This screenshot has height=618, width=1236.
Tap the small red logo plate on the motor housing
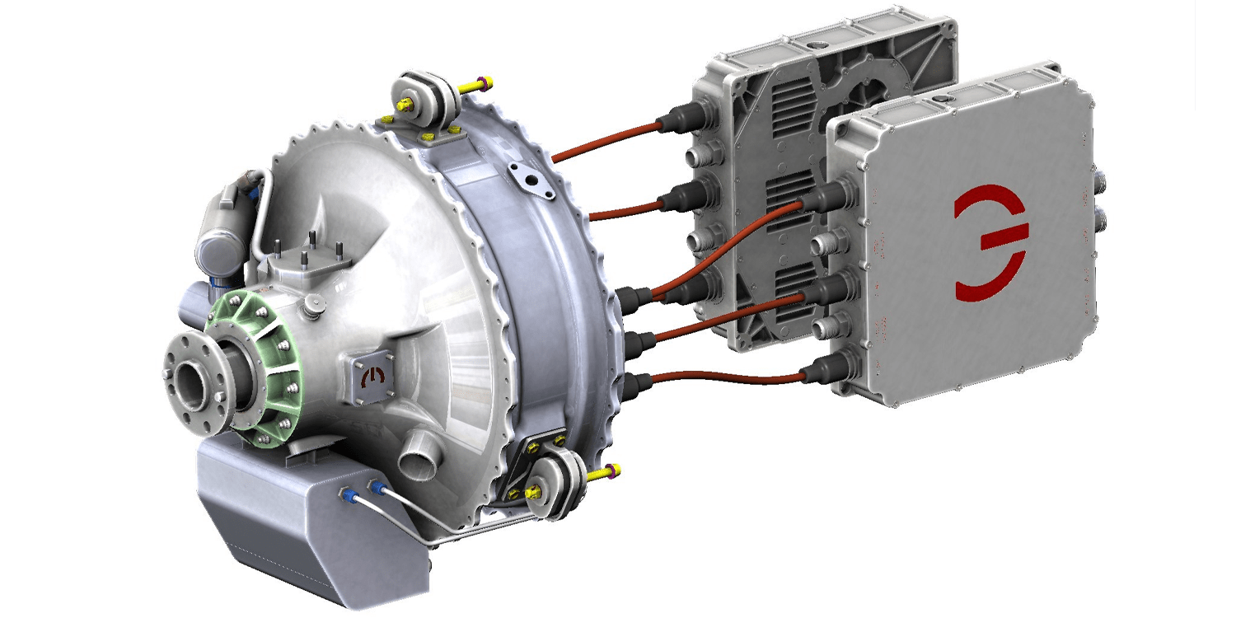375,377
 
